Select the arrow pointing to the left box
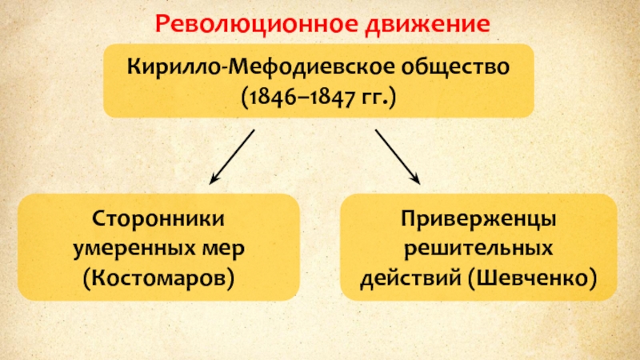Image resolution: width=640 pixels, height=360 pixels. (233, 155)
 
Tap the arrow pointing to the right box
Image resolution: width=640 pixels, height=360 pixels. (398, 155)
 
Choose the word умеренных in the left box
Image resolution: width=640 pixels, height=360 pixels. (130, 248)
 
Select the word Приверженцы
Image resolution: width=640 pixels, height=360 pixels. (479, 218)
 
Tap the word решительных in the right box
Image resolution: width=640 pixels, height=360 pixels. (479, 248)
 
